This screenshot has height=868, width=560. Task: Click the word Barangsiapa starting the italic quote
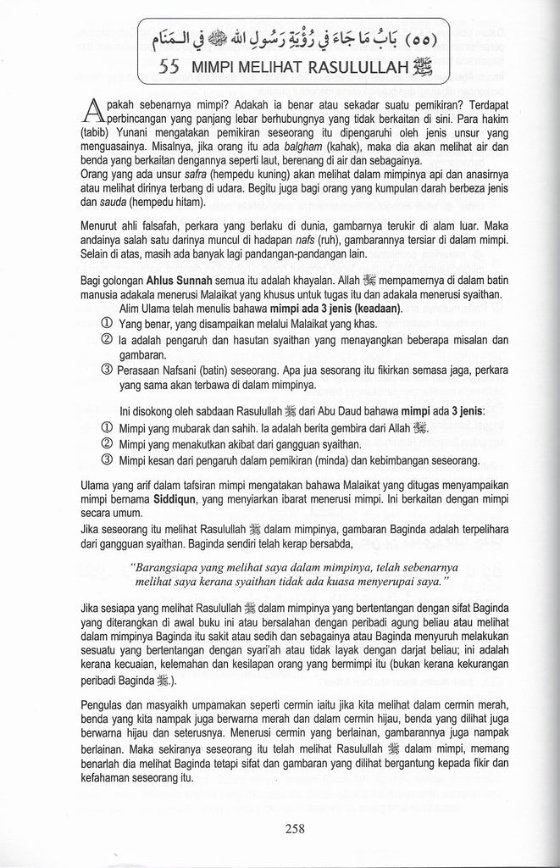178,568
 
